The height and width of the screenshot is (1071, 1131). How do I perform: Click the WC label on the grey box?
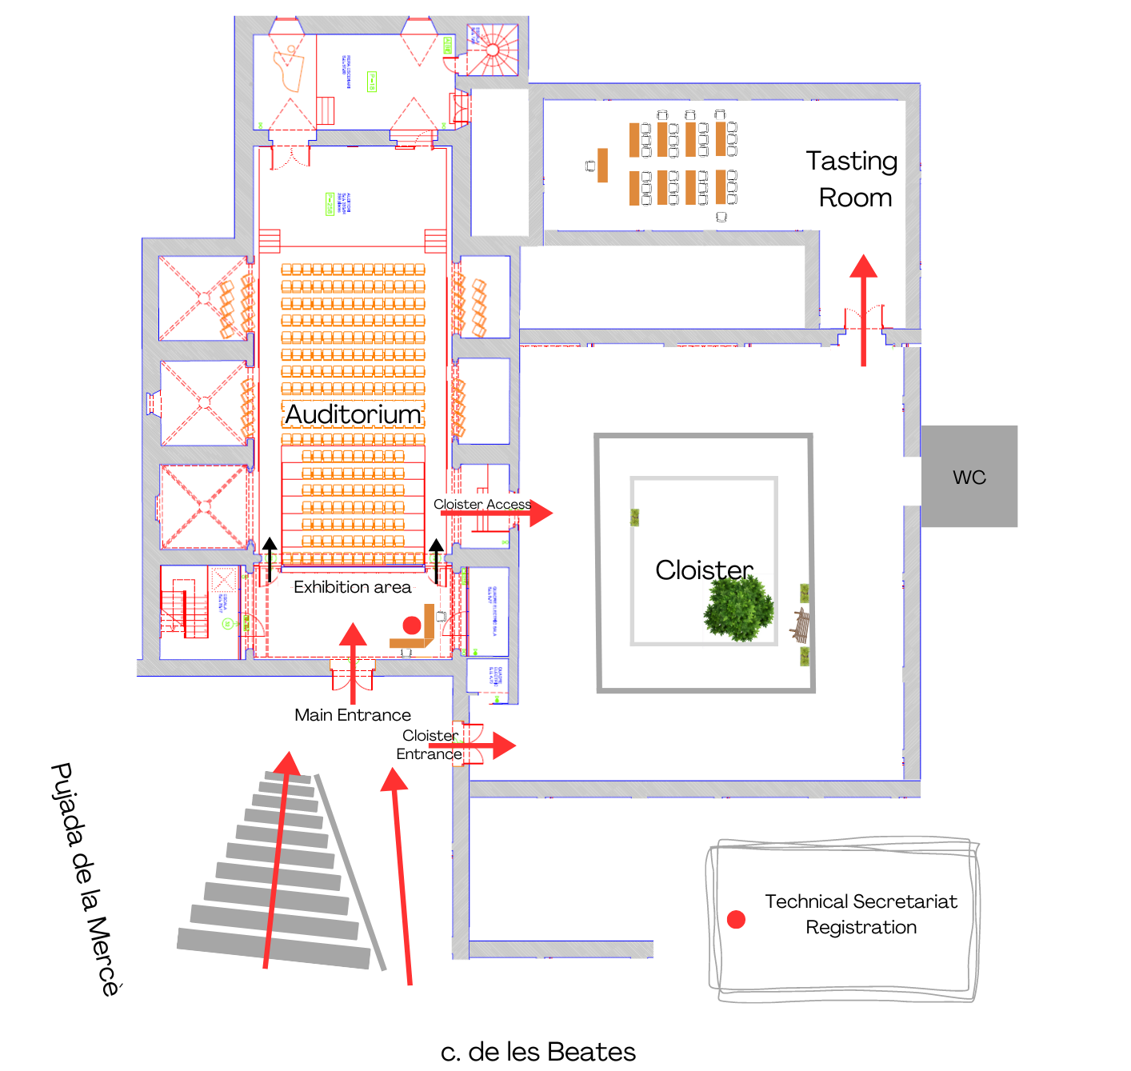pyautogui.click(x=969, y=478)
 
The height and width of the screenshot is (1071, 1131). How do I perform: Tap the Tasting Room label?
pyautogui.click(x=853, y=179)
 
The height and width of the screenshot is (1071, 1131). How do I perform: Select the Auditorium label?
pyautogui.click(x=353, y=414)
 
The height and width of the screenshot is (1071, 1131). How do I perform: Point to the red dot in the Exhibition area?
pyautogui.click(x=412, y=625)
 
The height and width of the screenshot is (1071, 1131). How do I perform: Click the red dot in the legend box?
pyautogui.click(x=736, y=920)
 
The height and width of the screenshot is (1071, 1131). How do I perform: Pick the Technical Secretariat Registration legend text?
pyautogui.click(x=861, y=914)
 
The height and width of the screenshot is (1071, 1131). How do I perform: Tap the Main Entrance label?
pyautogui.click(x=353, y=715)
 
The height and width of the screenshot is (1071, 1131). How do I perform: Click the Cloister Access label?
pyautogui.click(x=482, y=504)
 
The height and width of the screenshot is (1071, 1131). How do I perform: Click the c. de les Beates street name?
pyautogui.click(x=538, y=1052)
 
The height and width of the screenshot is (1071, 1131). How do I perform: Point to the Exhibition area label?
pyautogui.click(x=352, y=587)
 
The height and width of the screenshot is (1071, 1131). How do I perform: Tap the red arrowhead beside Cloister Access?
pyautogui.click(x=541, y=514)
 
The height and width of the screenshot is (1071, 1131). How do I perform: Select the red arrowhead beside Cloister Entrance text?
pyautogui.click(x=504, y=745)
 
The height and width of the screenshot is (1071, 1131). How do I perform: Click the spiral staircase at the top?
pyautogui.click(x=492, y=50)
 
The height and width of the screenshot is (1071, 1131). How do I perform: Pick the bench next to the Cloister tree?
pyautogui.click(x=800, y=625)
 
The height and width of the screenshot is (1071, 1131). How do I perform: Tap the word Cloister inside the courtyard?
pyautogui.click(x=704, y=570)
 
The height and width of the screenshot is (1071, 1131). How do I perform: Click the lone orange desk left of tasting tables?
pyautogui.click(x=602, y=166)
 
